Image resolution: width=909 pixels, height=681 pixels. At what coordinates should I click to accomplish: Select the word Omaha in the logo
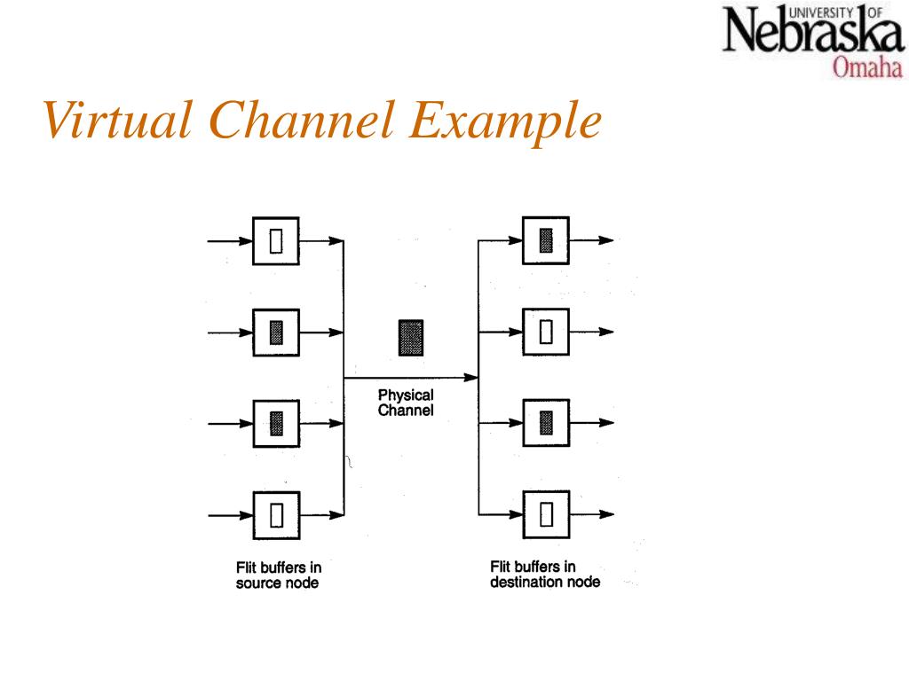866,67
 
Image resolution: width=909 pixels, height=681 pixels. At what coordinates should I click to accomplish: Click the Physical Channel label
406,403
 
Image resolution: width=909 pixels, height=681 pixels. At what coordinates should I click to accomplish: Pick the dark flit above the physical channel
410,338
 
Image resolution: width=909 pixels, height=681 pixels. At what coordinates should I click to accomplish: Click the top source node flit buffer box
276,241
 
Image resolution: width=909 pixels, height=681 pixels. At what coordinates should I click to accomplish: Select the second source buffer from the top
276,333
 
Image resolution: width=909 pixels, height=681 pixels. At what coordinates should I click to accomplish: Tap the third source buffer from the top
276,423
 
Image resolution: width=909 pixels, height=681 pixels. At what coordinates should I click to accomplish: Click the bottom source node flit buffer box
276,514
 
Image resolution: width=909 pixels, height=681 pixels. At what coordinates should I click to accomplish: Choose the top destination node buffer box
546,240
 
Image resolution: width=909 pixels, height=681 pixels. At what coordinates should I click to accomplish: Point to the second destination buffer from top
546,332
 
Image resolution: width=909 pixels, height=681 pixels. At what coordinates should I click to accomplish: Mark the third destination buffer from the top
546,423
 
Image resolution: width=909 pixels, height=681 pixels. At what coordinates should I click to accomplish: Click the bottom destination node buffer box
546,514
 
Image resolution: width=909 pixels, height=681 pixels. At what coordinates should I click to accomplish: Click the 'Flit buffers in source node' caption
278,575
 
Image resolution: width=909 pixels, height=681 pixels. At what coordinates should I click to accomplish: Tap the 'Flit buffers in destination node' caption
544,575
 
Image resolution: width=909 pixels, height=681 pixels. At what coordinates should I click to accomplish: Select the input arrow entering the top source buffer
230,241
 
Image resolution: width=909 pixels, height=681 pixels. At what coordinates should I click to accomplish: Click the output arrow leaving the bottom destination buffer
592,514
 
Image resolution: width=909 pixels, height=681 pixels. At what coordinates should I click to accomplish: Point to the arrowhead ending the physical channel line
471,378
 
